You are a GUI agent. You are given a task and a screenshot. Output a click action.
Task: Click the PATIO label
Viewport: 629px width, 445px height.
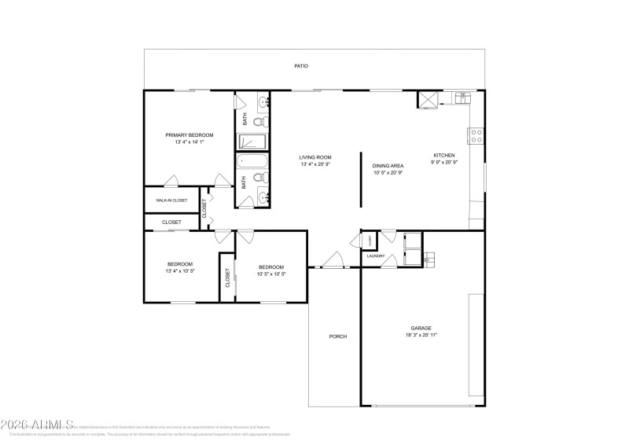301,66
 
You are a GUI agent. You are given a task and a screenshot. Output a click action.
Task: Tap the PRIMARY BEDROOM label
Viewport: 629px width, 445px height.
189,135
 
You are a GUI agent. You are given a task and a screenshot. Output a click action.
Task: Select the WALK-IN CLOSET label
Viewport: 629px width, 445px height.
171,200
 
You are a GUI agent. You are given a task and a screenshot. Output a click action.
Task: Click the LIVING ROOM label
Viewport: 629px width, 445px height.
314,157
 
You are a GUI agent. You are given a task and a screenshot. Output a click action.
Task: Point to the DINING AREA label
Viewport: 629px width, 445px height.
388,165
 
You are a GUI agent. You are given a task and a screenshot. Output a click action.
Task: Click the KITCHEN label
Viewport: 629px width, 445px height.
444,155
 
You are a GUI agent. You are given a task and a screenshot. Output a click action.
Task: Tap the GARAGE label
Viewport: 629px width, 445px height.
421,328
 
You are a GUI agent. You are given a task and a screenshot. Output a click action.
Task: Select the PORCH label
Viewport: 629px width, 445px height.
337,337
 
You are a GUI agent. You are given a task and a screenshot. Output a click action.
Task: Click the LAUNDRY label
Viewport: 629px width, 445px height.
375,256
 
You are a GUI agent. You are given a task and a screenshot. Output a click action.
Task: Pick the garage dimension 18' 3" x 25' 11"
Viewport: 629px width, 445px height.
421,335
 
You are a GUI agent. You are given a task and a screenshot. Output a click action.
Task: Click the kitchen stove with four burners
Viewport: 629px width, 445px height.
476,135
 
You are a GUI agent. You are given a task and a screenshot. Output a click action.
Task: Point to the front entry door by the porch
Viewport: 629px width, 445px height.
334,262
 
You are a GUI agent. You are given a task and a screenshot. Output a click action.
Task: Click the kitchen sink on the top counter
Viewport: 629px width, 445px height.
463,97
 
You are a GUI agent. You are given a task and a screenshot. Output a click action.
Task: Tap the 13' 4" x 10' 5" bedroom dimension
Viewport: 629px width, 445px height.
179,271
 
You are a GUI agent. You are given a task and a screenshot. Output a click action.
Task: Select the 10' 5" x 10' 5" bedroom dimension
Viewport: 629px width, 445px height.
271,274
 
